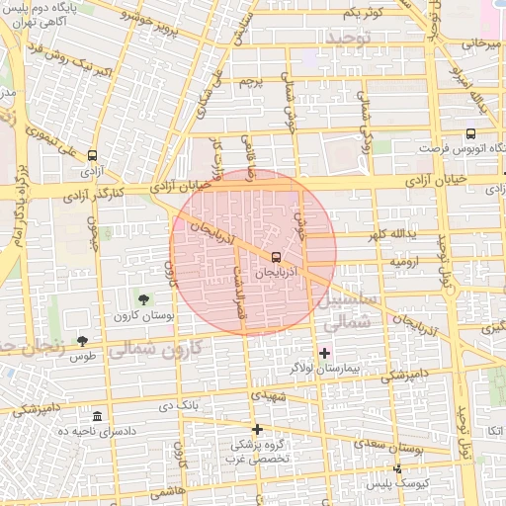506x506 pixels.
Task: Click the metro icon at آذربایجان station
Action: (x=276, y=257)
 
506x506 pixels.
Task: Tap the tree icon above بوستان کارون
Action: (x=145, y=298)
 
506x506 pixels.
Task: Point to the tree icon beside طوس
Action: (x=82, y=341)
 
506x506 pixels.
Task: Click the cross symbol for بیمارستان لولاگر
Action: (x=325, y=353)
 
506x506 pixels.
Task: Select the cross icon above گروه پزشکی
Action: (x=258, y=429)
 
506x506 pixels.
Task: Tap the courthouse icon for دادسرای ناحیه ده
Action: (x=97, y=417)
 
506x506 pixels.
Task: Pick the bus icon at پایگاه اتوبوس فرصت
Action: (x=469, y=133)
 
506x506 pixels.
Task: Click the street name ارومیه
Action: (x=405, y=263)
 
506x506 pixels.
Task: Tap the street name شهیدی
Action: (x=268, y=395)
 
